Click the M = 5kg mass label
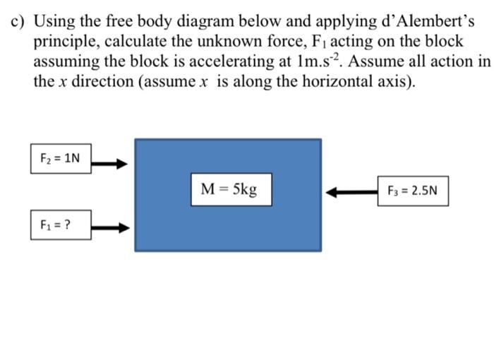(229, 189)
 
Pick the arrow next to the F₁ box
(112, 227)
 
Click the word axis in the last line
(390, 81)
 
